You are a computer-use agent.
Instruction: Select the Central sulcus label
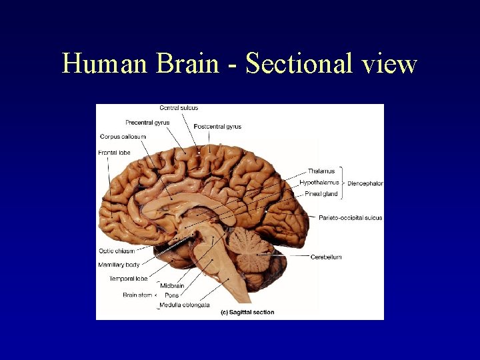(x=179, y=108)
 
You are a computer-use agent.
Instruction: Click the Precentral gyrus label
(x=147, y=123)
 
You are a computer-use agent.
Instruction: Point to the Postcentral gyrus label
(x=217, y=127)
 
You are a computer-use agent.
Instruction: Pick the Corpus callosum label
(x=123, y=137)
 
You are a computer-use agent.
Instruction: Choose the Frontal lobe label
(x=115, y=153)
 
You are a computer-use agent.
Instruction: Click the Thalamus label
(x=321, y=171)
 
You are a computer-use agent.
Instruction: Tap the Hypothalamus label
(x=319, y=182)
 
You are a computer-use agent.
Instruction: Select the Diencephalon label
(x=365, y=183)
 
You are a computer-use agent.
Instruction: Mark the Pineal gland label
(x=321, y=194)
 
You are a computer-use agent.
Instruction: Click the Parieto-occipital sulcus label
(x=350, y=218)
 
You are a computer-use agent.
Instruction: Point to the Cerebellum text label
(x=326, y=257)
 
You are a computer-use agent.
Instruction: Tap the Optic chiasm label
(x=117, y=251)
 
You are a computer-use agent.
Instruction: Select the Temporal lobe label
(x=128, y=279)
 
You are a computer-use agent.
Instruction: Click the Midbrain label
(x=172, y=286)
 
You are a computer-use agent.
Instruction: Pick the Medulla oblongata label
(x=185, y=305)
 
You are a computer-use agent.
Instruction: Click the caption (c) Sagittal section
(x=247, y=312)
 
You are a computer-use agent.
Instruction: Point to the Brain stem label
(x=137, y=295)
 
